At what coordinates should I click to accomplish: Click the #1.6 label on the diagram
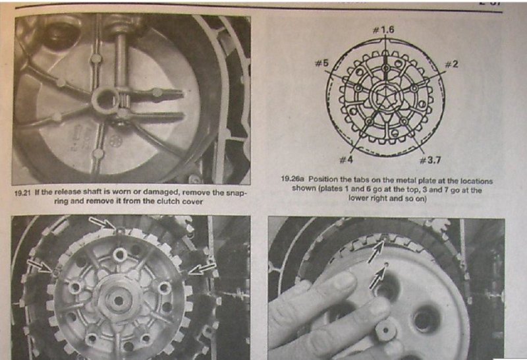383,30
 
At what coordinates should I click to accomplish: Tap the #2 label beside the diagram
451,64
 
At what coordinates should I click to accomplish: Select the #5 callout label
321,63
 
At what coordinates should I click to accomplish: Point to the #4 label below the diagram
346,160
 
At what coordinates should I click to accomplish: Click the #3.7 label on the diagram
430,160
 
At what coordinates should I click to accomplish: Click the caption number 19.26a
293,179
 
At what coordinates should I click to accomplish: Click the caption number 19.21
23,193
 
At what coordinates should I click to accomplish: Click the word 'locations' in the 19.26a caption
476,181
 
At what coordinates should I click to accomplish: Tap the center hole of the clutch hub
118,301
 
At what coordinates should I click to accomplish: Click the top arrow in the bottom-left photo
103,223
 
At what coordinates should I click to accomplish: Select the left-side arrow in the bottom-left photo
40,266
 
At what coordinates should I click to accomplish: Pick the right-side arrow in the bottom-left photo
202,268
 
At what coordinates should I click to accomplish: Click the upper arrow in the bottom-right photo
375,252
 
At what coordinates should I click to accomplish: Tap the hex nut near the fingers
385,330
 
